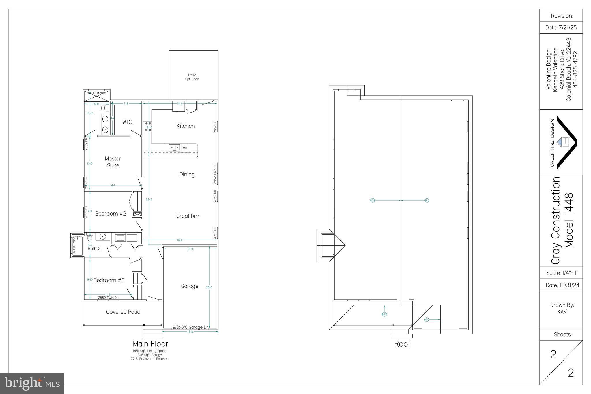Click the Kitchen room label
(x=186, y=126)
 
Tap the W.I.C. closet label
(x=127, y=122)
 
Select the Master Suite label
(x=113, y=162)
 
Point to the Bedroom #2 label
(x=111, y=214)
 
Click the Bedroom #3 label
(x=109, y=280)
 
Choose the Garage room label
(x=190, y=286)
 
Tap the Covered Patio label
(x=123, y=312)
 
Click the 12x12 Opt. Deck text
(x=192, y=77)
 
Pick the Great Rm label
(x=188, y=216)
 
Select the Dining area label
(x=187, y=174)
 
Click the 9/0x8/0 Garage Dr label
(x=190, y=327)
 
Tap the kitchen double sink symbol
(x=175, y=148)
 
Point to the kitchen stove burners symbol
(x=148, y=127)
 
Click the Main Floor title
(x=150, y=344)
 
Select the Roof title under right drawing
(x=402, y=344)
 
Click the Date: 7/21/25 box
(x=561, y=28)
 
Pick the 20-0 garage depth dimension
(x=209, y=287)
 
